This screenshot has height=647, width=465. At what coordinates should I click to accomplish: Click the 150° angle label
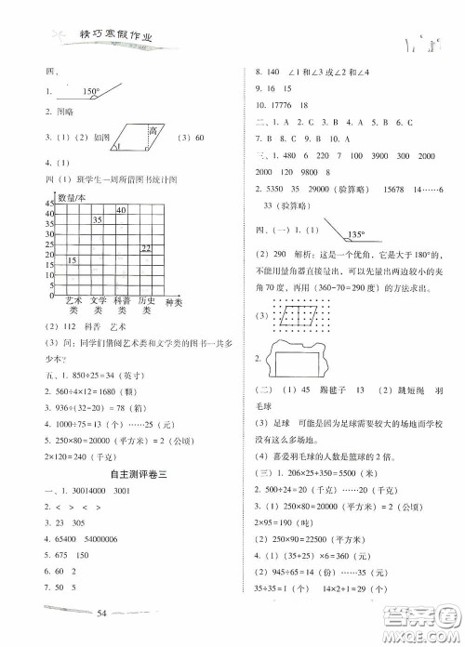pyautogui.click(x=90, y=91)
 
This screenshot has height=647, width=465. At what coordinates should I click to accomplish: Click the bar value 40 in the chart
pyautogui.click(x=121, y=212)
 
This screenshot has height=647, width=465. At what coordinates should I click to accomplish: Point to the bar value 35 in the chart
pyautogui.click(x=97, y=219)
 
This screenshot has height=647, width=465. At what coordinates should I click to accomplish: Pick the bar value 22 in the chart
pyautogui.click(x=146, y=246)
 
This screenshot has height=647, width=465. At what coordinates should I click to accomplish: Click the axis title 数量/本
pyautogui.click(x=72, y=198)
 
